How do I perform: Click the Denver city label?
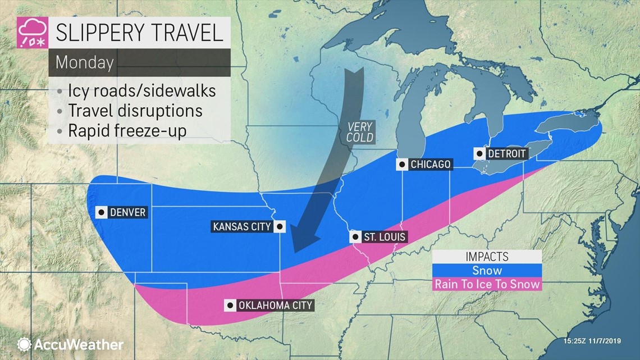128,212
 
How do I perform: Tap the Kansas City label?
241,227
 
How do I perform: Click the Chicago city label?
431,164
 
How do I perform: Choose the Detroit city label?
507,153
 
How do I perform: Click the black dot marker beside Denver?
101,212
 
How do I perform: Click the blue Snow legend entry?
487,271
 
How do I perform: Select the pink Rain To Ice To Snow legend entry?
487,284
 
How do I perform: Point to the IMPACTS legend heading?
487,257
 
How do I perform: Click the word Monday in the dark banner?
84,62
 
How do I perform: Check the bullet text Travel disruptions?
135,110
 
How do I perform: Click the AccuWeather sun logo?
24,344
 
